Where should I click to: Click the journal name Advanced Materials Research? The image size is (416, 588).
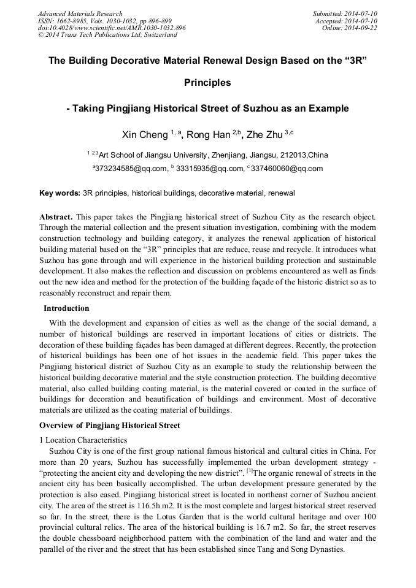80,13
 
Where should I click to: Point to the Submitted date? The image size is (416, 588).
345,13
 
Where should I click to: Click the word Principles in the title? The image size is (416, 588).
207,82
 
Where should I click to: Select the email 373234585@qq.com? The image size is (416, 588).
131,169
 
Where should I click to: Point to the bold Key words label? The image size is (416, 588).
60,193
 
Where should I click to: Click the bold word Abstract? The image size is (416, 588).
55,218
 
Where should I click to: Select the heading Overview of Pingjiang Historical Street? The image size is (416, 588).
109,426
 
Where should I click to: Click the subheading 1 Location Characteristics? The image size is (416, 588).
83,440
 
